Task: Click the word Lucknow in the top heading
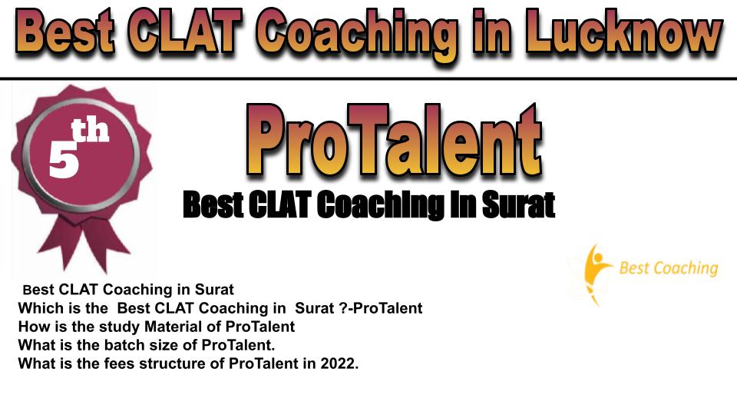tap(623, 32)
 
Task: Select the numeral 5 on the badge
tap(64, 159)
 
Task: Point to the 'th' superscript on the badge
tap(90, 131)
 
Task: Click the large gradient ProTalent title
tap(394, 140)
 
